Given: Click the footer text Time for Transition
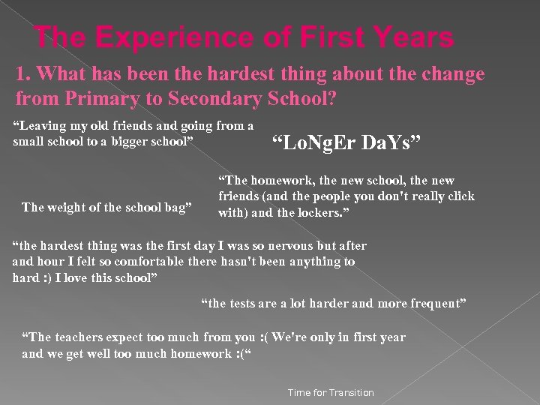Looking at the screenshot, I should tap(331, 393).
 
